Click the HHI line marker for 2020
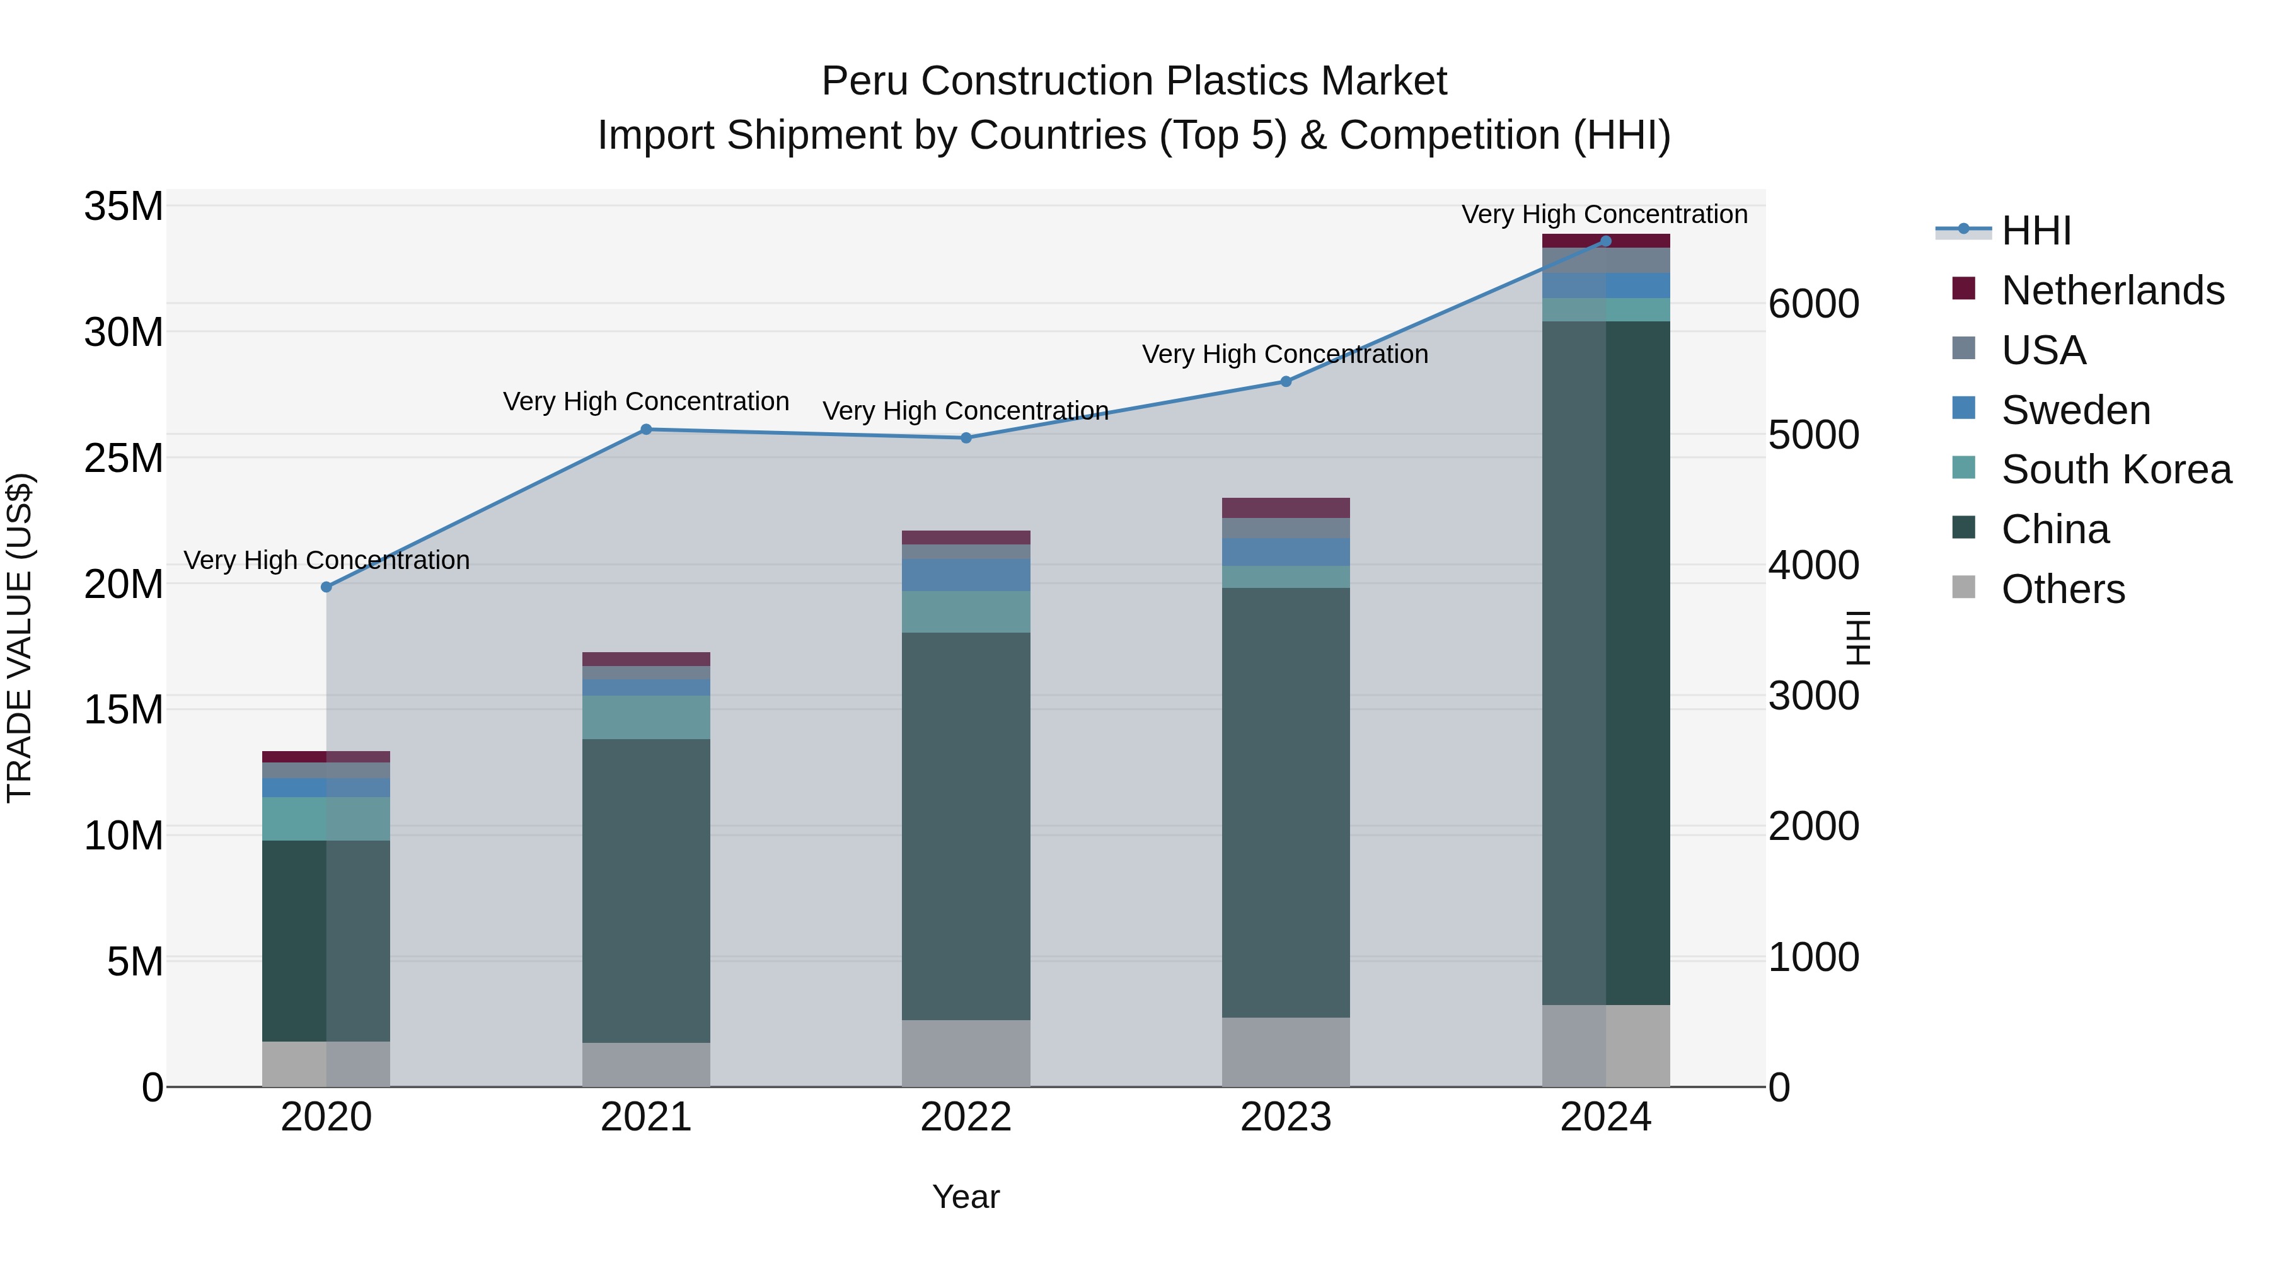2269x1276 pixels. tap(326, 587)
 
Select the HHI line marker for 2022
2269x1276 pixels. tap(966, 438)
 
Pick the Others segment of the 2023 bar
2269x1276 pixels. tap(1285, 1052)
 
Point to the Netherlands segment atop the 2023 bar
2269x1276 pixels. tap(1285, 507)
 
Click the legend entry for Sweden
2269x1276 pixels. tap(2076, 410)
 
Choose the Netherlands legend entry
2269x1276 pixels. tap(2111, 290)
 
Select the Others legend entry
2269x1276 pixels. tap(2062, 589)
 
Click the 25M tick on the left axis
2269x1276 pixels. tap(124, 458)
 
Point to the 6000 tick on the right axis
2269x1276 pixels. tap(1813, 305)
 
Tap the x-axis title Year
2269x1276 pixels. tap(966, 1197)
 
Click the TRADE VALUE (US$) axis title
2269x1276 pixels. tap(20, 638)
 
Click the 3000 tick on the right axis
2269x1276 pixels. tap(1813, 696)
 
